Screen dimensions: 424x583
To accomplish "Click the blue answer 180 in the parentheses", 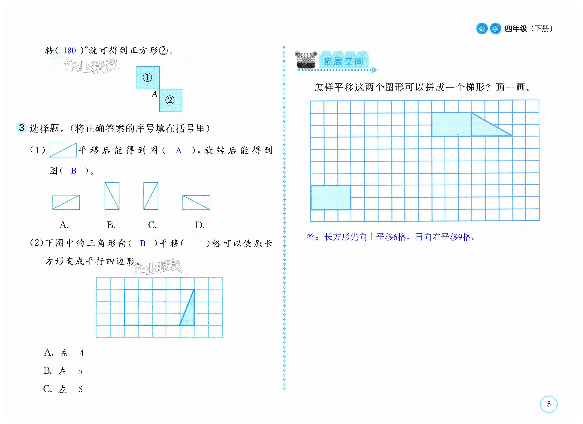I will (x=69, y=50).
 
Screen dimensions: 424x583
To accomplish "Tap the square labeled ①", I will (x=148, y=77).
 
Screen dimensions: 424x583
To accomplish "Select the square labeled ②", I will (x=171, y=100).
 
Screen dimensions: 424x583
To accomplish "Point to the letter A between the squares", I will (x=154, y=94).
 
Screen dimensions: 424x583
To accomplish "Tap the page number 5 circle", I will (x=549, y=404).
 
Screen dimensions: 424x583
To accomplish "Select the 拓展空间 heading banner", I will (x=343, y=61).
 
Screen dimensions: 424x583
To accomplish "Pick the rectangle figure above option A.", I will (x=66, y=202).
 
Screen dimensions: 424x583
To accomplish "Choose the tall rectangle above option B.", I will (x=112, y=196).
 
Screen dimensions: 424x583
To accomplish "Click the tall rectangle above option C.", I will (x=151, y=196).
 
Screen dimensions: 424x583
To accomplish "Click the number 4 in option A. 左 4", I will (x=82, y=353).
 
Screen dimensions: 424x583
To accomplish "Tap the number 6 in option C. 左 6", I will (x=81, y=389).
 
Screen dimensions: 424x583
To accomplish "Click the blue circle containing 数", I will (x=482, y=29).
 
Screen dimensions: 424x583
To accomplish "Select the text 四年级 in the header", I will (x=516, y=29).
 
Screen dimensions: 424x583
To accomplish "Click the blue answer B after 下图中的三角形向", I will (x=143, y=243).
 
